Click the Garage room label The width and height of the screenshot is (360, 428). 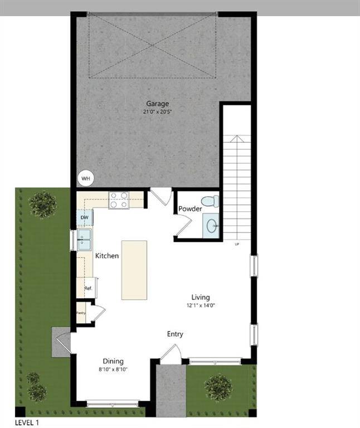click(157, 104)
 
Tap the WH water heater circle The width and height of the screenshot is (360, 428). click(86, 178)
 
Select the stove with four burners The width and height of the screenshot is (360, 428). click(118, 200)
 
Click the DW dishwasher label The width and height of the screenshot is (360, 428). click(84, 218)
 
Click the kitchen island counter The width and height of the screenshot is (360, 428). click(134, 270)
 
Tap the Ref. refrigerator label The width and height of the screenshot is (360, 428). click(87, 289)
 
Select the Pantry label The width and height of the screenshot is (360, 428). click(81, 313)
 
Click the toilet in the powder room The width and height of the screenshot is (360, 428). click(210, 201)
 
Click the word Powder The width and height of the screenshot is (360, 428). click(190, 209)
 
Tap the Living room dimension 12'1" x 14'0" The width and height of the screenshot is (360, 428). click(201, 305)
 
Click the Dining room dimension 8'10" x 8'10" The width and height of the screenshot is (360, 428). click(113, 369)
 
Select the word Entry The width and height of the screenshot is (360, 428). click(175, 334)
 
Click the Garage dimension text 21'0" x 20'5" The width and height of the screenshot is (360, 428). click(157, 112)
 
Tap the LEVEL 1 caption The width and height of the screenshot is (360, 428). click(27, 422)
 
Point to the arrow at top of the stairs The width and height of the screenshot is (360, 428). click(237, 139)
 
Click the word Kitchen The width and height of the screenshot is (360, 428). click(106, 256)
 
